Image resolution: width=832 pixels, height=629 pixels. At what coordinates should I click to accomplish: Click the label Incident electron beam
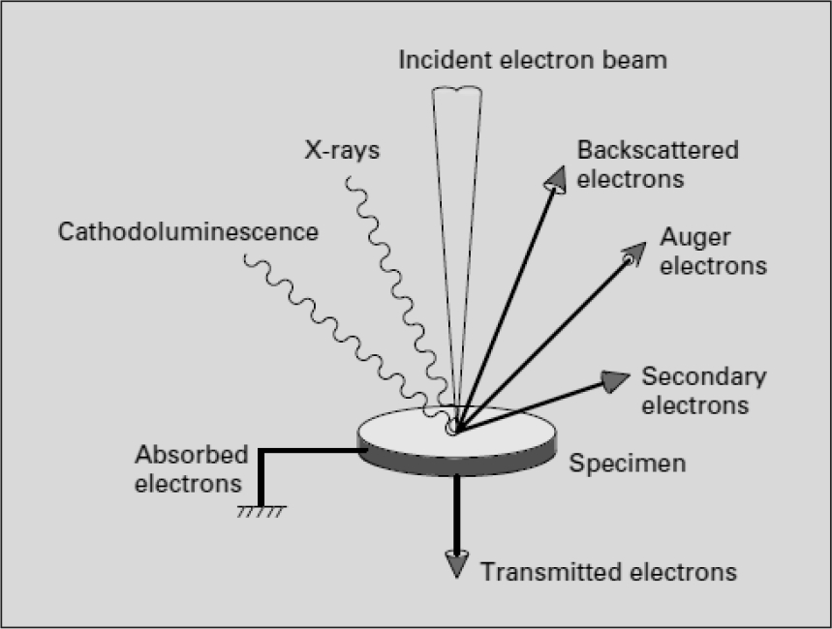(x=533, y=60)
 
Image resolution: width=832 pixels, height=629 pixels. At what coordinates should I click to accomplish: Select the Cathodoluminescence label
(x=188, y=232)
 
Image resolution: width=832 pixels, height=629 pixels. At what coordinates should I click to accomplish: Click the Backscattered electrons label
(x=657, y=165)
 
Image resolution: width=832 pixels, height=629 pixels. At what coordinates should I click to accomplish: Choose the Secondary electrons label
(x=703, y=390)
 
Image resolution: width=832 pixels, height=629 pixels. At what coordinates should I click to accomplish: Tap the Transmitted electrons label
(x=608, y=571)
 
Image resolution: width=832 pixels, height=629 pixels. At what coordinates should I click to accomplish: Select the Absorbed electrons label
(x=192, y=468)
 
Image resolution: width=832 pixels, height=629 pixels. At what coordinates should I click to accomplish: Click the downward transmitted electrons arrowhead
(x=456, y=563)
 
